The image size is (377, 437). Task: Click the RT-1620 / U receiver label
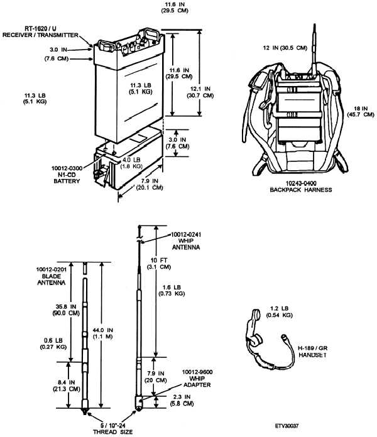[x=40, y=32]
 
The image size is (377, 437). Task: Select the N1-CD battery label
[x=67, y=175]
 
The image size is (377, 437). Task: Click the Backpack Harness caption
[x=301, y=186]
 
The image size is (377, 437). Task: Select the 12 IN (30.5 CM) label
[x=285, y=48]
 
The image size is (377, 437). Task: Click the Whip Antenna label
[x=186, y=241]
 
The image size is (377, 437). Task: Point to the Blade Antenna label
[x=52, y=276]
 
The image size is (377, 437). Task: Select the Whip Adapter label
[x=197, y=379]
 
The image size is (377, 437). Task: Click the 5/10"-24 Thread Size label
[x=113, y=429]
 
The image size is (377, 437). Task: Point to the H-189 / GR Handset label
[x=312, y=352]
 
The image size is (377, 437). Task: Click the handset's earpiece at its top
[x=256, y=315]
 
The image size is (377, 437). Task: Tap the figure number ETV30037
[x=287, y=426]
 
